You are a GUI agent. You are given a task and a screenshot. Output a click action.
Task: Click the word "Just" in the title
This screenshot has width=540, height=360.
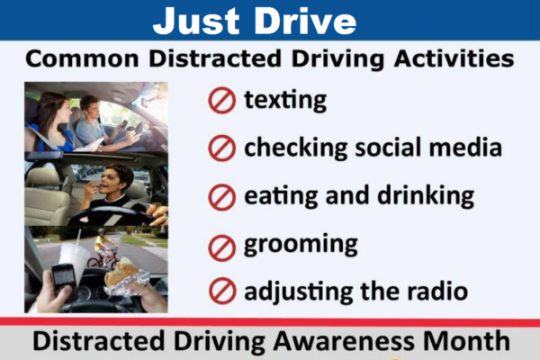click(x=196, y=21)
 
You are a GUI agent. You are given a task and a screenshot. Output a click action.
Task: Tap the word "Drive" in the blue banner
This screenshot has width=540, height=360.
click(x=305, y=21)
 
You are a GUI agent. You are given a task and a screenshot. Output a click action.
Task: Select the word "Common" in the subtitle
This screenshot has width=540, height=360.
click(x=82, y=58)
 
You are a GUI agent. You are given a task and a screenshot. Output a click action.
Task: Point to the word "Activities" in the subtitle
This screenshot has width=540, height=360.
click(x=454, y=58)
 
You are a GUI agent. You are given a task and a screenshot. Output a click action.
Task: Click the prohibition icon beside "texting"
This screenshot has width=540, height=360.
click(x=221, y=100)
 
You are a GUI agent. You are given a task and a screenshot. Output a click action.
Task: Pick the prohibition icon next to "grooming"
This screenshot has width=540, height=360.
click(x=221, y=247)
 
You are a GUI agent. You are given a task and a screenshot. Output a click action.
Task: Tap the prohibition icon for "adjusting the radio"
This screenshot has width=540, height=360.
click(x=222, y=291)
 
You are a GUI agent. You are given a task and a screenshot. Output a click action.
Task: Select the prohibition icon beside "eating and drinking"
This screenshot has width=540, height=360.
click(x=221, y=197)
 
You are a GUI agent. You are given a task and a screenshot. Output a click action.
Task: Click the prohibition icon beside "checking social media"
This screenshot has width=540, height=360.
click(x=221, y=148)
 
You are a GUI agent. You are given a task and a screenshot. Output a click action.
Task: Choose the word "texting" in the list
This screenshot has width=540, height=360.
click(x=285, y=101)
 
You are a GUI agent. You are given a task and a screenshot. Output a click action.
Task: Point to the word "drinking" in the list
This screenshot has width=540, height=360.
click(x=426, y=196)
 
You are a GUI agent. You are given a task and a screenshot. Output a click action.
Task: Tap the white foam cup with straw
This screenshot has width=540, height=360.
click(x=74, y=259)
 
